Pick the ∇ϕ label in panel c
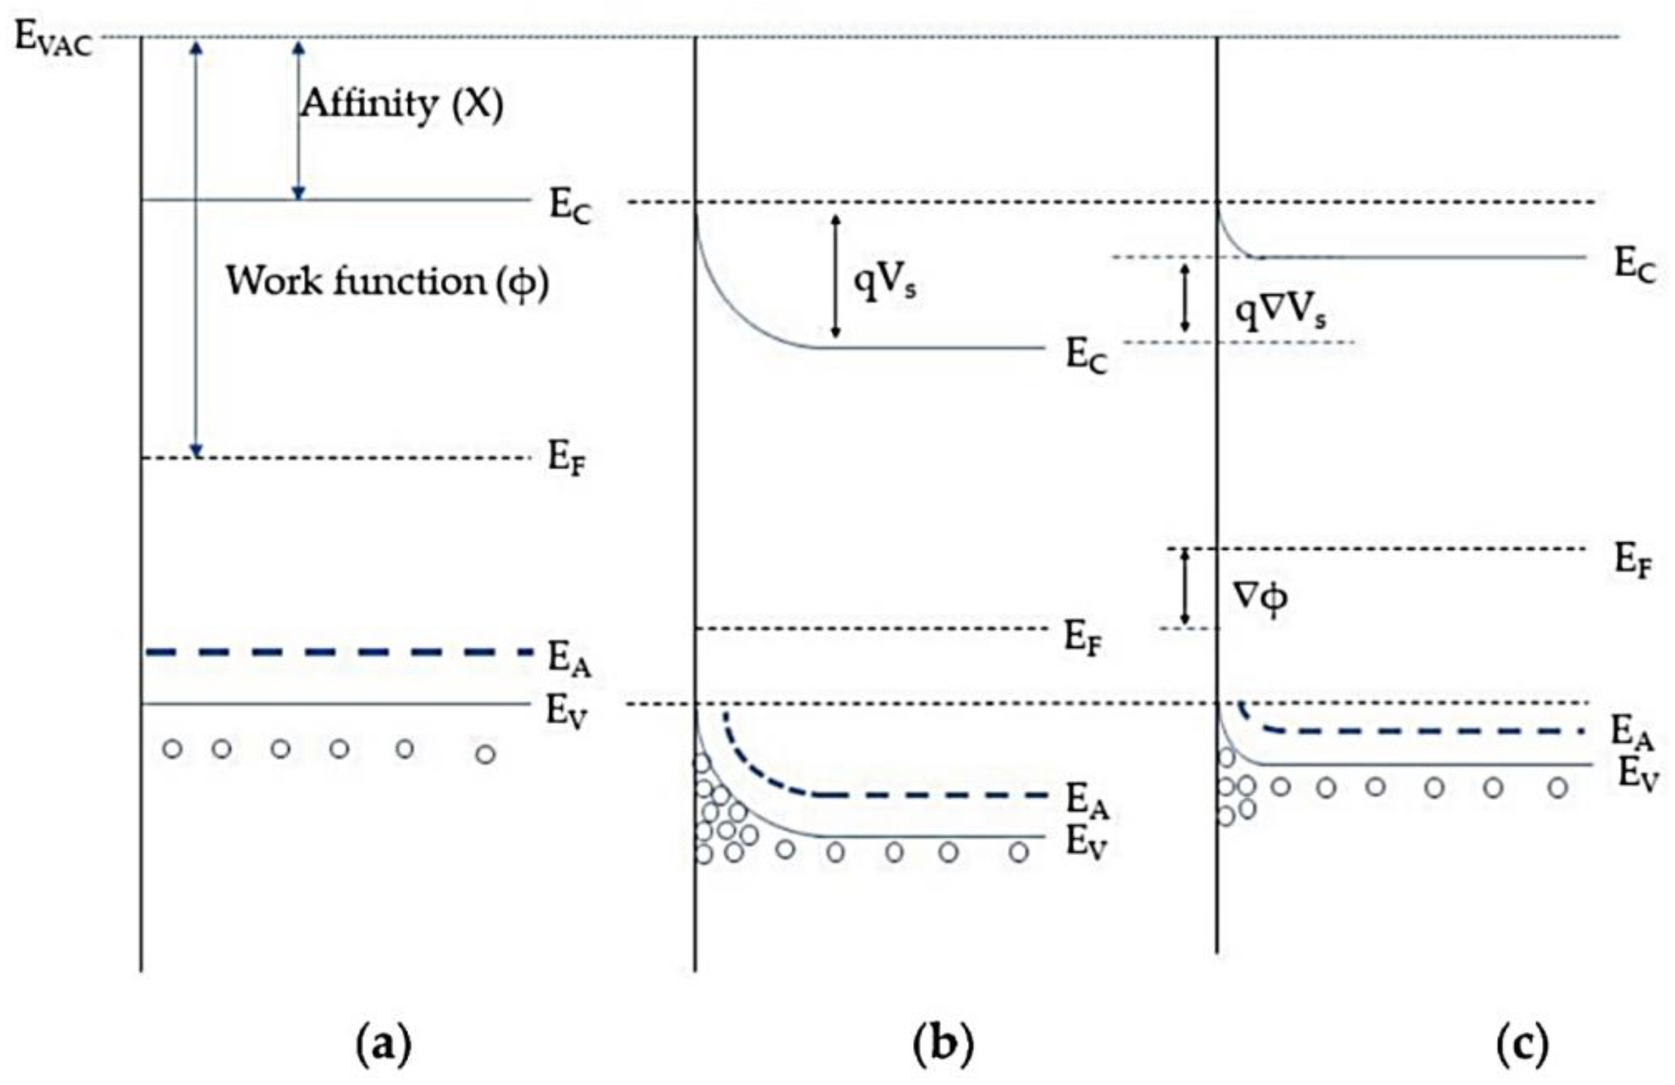pyautogui.click(x=1262, y=598)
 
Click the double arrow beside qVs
pyautogui.click(x=836, y=276)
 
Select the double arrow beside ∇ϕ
pyautogui.click(x=1185, y=587)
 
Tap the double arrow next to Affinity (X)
pyautogui.click(x=299, y=120)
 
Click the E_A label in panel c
pyautogui.click(x=1631, y=733)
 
